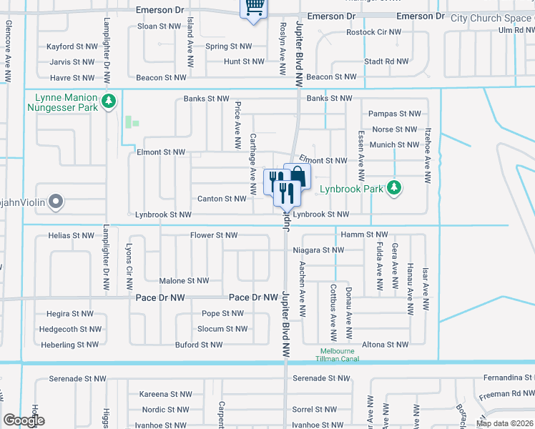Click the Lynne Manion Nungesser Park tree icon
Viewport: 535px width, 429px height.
(x=109, y=102)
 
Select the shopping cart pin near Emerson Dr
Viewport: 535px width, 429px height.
(x=252, y=8)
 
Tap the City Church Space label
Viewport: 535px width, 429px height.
(x=491, y=18)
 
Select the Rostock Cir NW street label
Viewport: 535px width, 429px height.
(x=371, y=32)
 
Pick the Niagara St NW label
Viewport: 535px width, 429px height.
(x=318, y=250)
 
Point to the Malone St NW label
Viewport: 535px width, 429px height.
(x=184, y=281)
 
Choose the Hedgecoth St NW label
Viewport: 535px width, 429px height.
(x=69, y=329)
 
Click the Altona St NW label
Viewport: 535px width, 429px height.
(x=388, y=344)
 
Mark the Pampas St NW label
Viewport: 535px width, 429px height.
(x=393, y=114)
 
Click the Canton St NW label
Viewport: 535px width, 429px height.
(x=221, y=199)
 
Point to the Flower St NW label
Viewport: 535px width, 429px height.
(x=214, y=235)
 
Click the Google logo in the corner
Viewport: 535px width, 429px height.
(x=24, y=420)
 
